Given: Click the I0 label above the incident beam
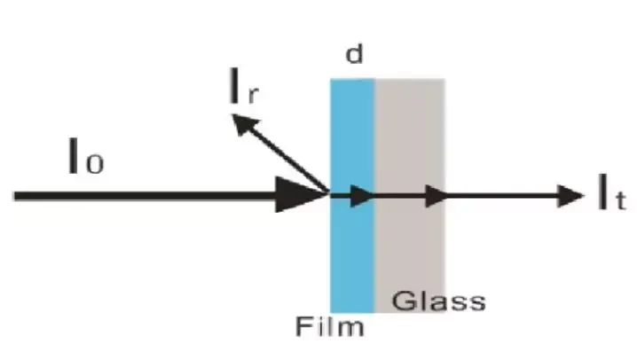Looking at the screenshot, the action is tap(86, 156).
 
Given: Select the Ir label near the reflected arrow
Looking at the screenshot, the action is tap(243, 86).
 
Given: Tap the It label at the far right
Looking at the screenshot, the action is tap(612, 192).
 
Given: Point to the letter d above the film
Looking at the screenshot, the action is tap(354, 54).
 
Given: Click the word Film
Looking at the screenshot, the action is tap(329, 326).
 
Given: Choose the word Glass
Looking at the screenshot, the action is tap(439, 301).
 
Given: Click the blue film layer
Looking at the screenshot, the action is tap(352, 196).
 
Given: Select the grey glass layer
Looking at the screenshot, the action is tap(410, 196).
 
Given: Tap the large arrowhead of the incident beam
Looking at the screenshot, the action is tap(301, 195).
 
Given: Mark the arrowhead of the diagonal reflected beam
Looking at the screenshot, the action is tap(245, 124).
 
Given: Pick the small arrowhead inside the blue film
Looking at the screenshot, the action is tap(362, 196).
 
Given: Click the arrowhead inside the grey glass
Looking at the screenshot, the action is tap(436, 196).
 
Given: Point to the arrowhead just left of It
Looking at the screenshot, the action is tap(570, 196).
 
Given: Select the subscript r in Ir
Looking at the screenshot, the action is tap(252, 95).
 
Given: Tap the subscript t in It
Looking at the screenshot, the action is tap(620, 200).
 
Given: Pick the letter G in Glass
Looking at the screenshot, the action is tap(402, 301).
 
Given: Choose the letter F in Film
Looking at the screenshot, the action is tap(303, 326).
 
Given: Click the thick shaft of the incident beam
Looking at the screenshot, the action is tap(145, 196).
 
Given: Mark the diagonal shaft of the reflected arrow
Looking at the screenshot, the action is tap(289, 159).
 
